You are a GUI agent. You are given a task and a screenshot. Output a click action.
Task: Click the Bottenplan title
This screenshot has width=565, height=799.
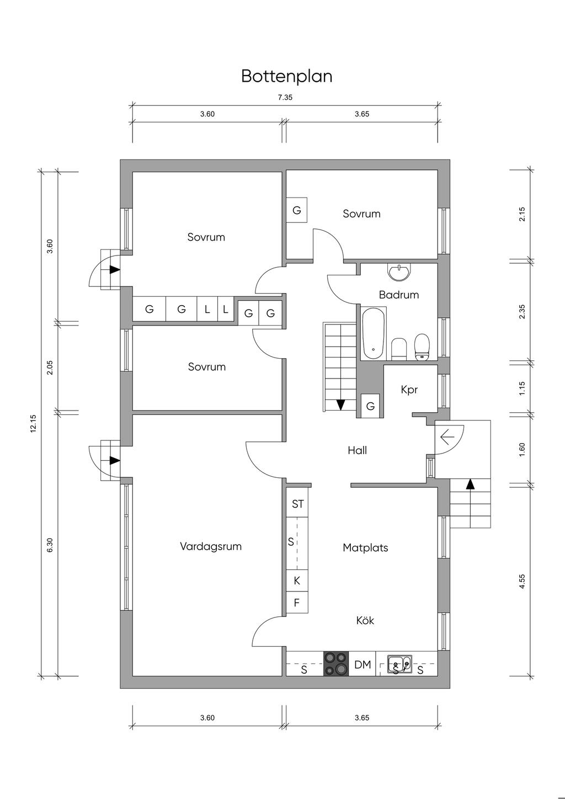tap(286, 76)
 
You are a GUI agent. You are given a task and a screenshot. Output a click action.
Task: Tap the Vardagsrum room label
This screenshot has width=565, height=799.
tap(211, 546)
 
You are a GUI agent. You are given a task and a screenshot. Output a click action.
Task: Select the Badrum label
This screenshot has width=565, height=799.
tap(398, 295)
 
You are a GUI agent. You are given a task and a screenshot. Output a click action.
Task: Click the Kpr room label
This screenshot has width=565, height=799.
tap(409, 390)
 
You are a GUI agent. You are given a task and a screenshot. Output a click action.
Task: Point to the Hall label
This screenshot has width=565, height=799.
tap(357, 450)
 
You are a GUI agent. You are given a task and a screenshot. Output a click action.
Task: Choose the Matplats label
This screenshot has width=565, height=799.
tap(365, 547)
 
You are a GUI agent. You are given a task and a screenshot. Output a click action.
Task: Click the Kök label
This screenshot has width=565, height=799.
tap(365, 620)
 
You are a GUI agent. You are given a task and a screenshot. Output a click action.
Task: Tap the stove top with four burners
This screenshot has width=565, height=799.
tap(336, 664)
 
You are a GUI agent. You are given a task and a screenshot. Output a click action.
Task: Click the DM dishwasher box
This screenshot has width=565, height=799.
tap(363, 664)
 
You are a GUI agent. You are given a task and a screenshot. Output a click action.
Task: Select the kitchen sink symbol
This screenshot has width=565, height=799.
tap(399, 664)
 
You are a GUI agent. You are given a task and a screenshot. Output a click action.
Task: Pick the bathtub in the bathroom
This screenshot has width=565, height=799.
tap(374, 333)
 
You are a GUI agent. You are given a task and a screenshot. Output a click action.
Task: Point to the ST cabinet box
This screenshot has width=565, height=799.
tap(297, 504)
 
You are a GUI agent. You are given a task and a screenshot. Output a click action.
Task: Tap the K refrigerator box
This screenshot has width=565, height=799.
tap(297, 580)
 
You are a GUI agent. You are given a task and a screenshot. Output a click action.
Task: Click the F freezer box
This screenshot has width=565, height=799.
tap(297, 603)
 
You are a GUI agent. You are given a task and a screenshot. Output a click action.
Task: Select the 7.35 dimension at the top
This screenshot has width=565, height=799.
tap(285, 97)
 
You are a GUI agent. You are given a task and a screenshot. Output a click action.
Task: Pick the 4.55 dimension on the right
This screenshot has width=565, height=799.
tap(522, 582)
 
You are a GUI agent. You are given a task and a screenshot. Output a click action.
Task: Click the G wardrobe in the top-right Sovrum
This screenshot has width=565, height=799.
tap(296, 210)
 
